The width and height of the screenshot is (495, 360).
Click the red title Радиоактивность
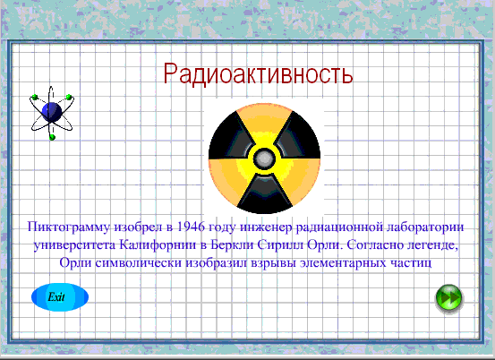[258, 73]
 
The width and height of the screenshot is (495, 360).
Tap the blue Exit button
[60, 297]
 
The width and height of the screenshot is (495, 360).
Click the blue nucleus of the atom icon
[52, 112]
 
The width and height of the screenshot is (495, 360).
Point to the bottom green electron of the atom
[53, 137]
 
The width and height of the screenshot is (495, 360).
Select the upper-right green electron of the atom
[69, 97]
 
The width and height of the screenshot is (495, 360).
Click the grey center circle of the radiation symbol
[264, 159]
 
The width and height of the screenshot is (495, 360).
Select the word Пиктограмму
[69, 227]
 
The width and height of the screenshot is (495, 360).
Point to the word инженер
[266, 227]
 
